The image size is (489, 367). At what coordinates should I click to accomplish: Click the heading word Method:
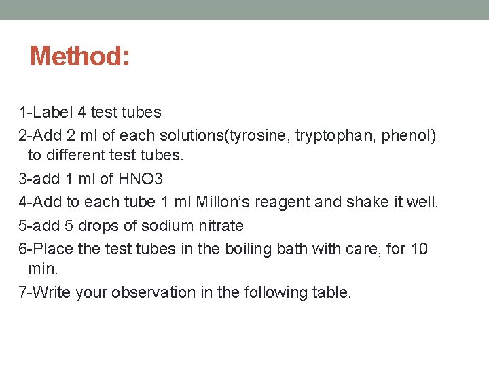79,56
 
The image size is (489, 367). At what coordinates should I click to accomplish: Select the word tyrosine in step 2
256,135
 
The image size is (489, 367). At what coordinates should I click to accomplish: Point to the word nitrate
219,225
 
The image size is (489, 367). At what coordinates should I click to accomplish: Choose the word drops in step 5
95,225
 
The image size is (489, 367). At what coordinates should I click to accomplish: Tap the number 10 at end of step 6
419,249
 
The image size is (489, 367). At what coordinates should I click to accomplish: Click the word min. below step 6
43,270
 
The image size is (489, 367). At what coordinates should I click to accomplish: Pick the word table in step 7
332,292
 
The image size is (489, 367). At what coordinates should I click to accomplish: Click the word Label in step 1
58,111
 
